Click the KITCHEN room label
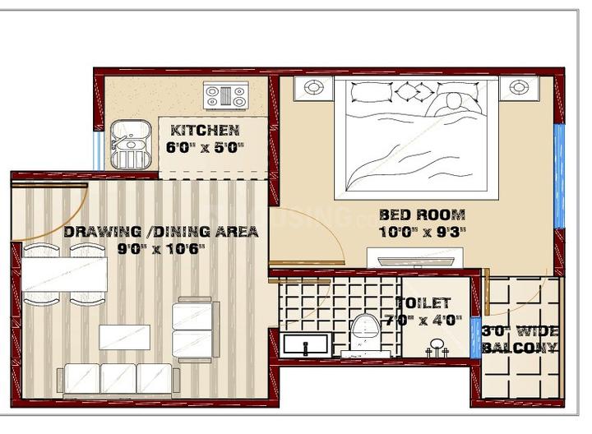[205, 131]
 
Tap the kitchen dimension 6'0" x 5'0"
[205, 147]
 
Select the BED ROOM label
[422, 215]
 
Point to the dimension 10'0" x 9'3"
[422, 232]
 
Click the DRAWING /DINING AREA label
[161, 231]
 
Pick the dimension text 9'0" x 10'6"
[161, 249]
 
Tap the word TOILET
[423, 302]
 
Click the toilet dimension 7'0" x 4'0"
[423, 321]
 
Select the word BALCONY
[520, 348]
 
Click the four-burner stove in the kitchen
[226, 95]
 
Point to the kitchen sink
[131, 145]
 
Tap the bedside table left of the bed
[313, 88]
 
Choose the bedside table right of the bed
[519, 88]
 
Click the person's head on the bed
[454, 101]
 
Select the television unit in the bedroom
[415, 259]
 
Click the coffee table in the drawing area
[125, 337]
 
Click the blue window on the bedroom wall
[559, 176]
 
